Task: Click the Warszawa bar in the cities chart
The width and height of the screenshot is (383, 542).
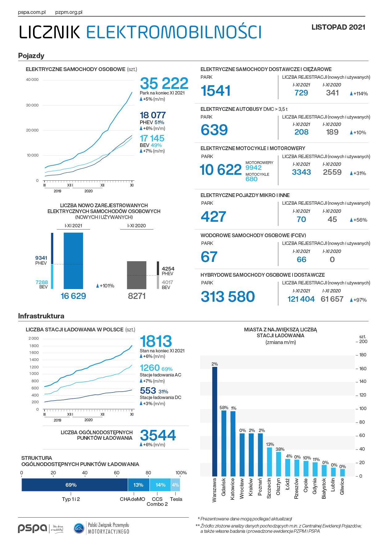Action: pos(215,422)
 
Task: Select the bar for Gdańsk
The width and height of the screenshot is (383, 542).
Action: pos(224,443)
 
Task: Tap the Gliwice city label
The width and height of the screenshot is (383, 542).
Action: pos(342,486)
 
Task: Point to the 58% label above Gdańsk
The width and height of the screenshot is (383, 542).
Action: pos(224,408)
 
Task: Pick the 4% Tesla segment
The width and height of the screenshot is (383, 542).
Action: pos(175,485)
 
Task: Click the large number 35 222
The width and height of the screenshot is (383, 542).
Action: pos(164,83)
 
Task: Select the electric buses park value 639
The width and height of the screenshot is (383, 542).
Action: pos(214,130)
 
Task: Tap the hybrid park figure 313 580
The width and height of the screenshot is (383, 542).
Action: pos(228,296)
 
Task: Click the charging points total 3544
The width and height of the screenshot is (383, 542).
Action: pos(158,435)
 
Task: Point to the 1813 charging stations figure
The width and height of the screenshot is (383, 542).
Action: pos(156,341)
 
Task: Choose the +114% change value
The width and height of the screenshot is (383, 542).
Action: pos(359,94)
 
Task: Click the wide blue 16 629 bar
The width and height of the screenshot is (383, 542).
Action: pos(73,261)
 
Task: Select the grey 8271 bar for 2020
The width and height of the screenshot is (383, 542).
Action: pos(137,275)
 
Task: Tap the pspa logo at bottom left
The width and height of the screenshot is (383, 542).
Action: pos(32,528)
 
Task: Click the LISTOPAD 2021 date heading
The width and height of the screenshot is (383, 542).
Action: pos(338,27)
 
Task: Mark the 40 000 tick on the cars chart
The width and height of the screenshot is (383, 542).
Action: pos(32,80)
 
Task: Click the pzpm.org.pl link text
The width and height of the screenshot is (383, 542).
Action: pos(69,12)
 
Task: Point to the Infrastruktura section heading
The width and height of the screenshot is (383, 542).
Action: pos(41,316)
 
